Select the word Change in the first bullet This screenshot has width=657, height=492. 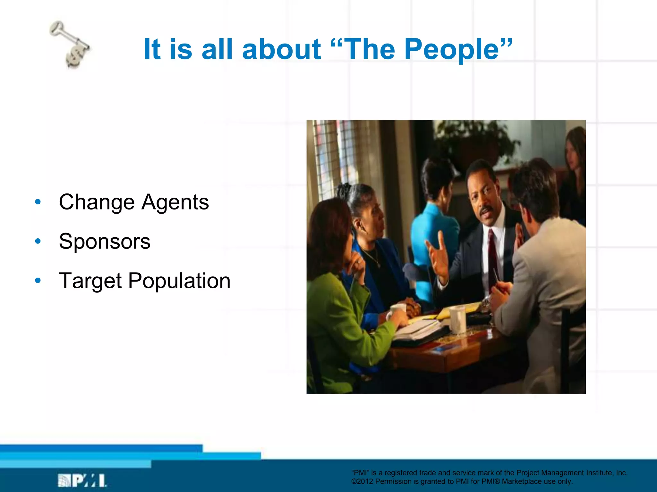tap(97, 202)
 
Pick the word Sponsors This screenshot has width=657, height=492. tap(105, 241)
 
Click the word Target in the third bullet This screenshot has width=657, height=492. tap(90, 281)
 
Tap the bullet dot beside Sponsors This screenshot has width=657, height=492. tap(38, 241)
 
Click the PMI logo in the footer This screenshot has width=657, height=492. tap(82, 480)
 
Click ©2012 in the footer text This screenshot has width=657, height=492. tap(362, 481)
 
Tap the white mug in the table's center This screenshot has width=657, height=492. tap(457, 319)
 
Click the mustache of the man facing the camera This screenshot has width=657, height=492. tap(486, 210)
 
